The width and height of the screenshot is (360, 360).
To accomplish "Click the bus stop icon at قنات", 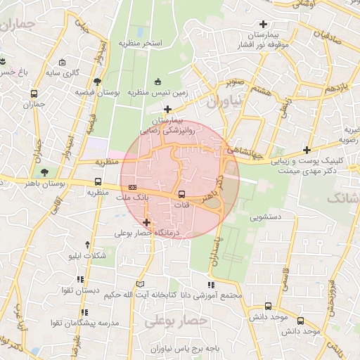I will click(182, 194).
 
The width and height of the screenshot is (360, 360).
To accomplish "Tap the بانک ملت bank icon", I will click(133, 187).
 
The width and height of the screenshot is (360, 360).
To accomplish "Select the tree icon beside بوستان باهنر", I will click(45, 171).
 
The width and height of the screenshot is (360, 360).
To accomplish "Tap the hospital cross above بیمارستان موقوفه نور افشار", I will click(264, 24).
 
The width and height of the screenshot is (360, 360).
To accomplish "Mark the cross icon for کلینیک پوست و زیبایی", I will click(307, 149).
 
